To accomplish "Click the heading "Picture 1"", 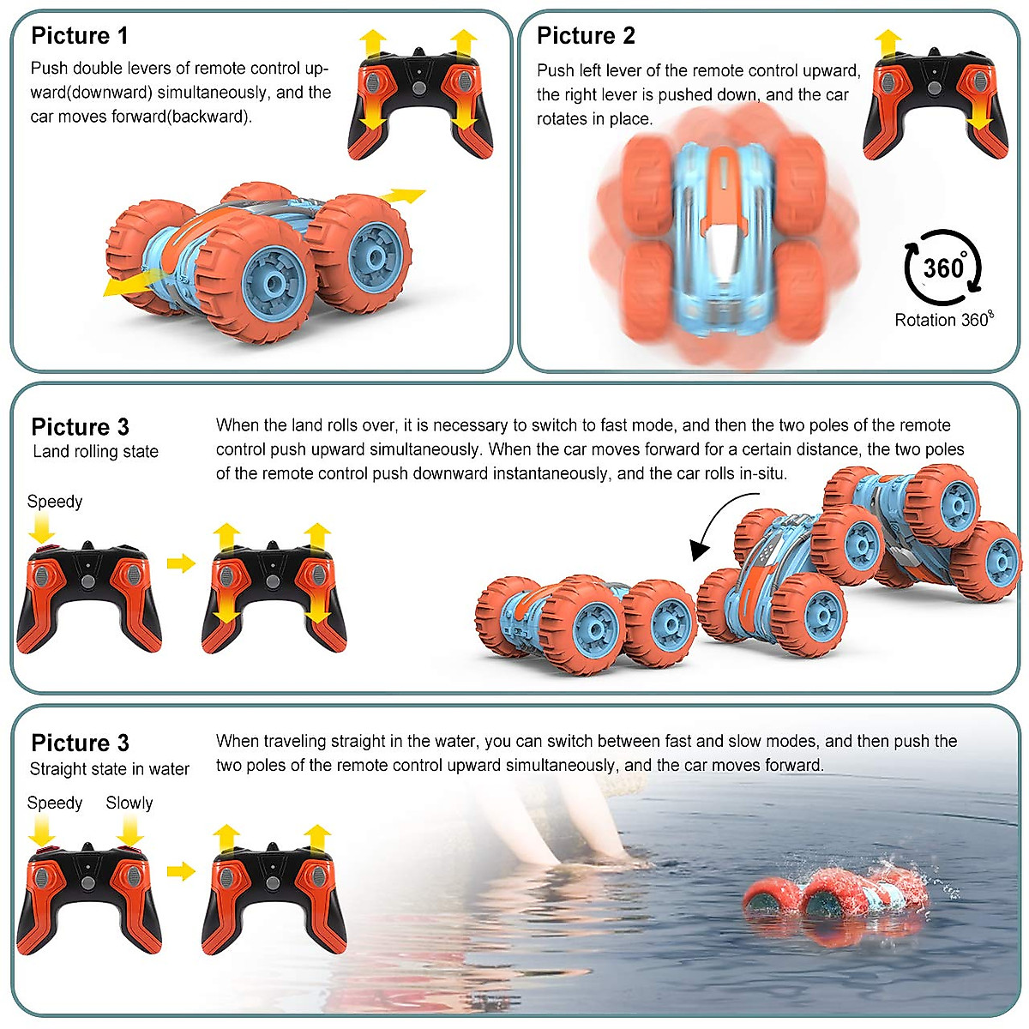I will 80,36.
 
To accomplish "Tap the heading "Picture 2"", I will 586,36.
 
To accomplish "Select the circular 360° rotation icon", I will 942,268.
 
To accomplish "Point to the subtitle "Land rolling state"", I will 95,452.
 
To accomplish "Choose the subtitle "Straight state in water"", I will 110,769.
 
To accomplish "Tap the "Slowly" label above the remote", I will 129,803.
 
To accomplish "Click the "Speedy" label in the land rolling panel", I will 55,502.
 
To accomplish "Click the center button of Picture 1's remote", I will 419,88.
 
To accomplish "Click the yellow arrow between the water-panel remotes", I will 181,871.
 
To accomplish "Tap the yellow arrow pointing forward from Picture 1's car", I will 403,196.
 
